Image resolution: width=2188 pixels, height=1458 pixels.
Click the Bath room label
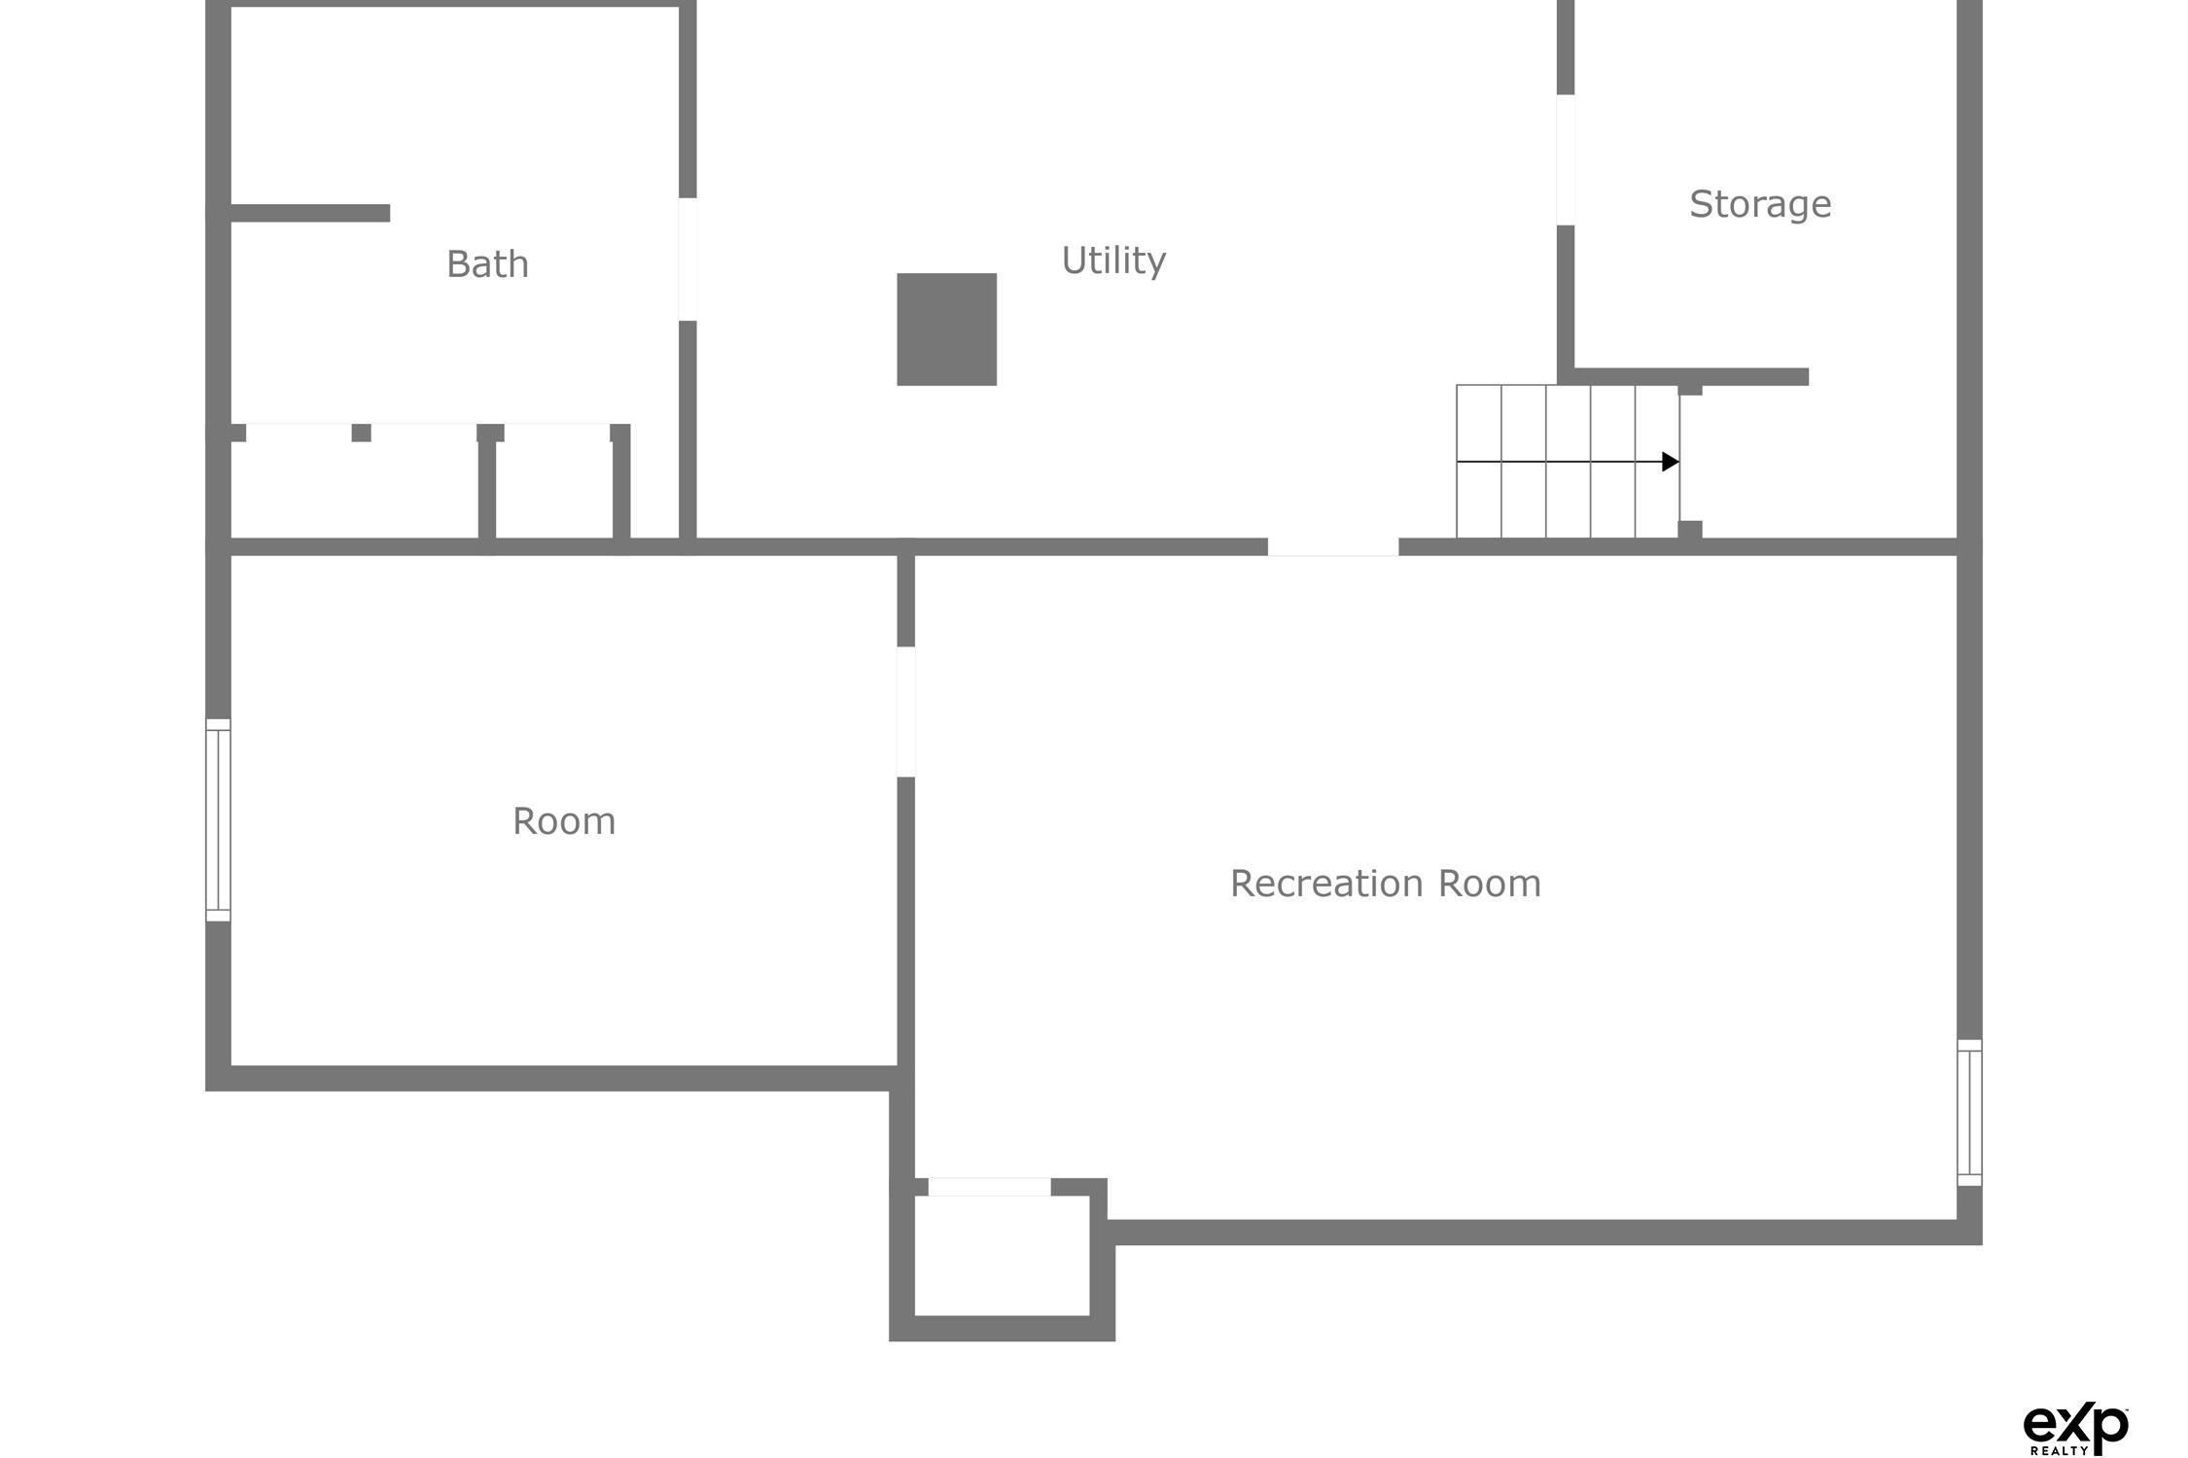tap(487, 264)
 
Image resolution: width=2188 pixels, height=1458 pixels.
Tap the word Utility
tap(1113, 260)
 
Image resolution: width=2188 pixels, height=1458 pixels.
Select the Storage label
tap(1760, 205)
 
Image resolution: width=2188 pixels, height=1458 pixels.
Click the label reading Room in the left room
tap(564, 821)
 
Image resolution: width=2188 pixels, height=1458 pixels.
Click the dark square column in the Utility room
tap(946, 330)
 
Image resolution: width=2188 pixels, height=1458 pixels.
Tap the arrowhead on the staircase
tap(1671, 462)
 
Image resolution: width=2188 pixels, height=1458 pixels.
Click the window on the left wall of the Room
tap(218, 819)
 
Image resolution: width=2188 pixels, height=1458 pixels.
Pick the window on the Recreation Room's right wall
tap(1969, 1112)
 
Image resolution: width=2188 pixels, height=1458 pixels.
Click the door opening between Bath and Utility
tap(688, 260)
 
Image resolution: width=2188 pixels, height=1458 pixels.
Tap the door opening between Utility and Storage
tap(1566, 160)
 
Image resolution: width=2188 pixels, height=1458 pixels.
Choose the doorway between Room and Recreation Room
tap(905, 712)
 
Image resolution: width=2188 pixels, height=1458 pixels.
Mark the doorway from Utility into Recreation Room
tap(1333, 547)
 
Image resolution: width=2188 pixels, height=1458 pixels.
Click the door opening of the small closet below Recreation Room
tap(989, 1187)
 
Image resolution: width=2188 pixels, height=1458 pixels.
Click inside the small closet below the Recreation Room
tap(1002, 1255)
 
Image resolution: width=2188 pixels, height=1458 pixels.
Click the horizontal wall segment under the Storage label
tap(1691, 377)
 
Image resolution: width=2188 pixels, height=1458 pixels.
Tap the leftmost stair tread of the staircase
tap(1478, 462)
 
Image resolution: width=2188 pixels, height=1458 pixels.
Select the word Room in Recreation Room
tap(1490, 884)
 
